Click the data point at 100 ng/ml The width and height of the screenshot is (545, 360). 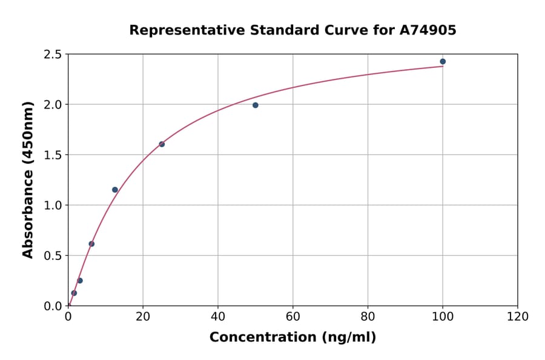tap(443, 61)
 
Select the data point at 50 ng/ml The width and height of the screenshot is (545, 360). tap(256, 105)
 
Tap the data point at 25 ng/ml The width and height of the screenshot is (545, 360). tap(162, 144)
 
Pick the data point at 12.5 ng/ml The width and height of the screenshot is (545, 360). tap(115, 190)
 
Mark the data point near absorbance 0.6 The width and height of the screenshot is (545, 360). tap(91, 244)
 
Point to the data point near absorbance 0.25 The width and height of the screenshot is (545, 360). tap(80, 281)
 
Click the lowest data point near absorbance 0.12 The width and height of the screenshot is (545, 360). tap(74, 293)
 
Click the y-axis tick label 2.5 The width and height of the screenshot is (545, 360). tap(53, 55)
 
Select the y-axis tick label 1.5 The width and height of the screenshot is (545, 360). tap(53, 155)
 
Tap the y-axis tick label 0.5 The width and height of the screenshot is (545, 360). tap(53, 256)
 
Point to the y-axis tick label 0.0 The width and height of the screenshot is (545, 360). tap(53, 306)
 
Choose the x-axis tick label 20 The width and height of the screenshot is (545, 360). tap(143, 317)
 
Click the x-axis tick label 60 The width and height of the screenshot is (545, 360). tap(293, 317)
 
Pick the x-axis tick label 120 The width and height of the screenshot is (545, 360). tap(518, 317)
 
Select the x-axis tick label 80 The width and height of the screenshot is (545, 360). tap(368, 317)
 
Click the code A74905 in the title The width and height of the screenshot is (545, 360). tap(428, 30)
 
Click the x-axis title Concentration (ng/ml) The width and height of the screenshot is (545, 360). tap(292, 338)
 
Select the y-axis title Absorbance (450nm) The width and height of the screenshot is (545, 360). tap(28, 180)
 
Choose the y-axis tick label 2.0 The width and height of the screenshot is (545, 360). tap(53, 105)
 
